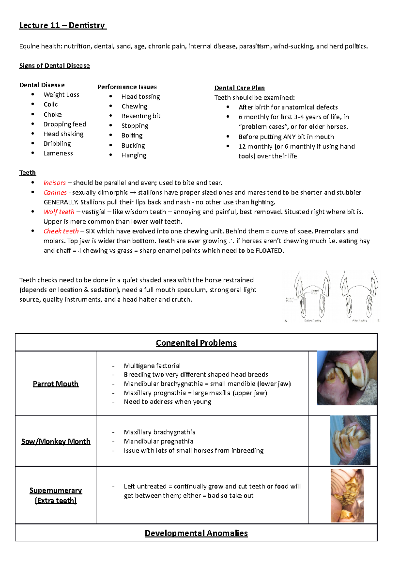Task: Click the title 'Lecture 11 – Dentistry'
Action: coord(62,25)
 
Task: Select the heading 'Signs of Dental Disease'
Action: coord(54,66)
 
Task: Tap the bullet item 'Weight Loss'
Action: coord(61,95)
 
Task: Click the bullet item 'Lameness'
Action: coord(58,153)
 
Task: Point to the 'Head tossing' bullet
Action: coord(140,97)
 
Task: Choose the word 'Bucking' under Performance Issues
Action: coord(133,146)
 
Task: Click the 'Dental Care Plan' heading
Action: coord(239,88)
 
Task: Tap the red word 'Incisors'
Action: coord(55,183)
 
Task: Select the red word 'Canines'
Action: coord(55,192)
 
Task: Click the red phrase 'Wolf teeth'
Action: coord(59,212)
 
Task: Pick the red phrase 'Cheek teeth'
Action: coord(61,231)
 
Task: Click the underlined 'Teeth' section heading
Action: coord(27,173)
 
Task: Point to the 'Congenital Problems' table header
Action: coord(196,343)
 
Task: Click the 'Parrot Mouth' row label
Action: coord(56,384)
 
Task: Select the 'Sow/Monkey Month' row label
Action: coord(56,441)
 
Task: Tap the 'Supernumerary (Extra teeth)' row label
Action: coord(56,495)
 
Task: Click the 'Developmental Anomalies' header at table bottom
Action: coord(196,533)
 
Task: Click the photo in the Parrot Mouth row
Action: coord(347,378)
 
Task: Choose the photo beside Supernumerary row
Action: coord(347,496)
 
